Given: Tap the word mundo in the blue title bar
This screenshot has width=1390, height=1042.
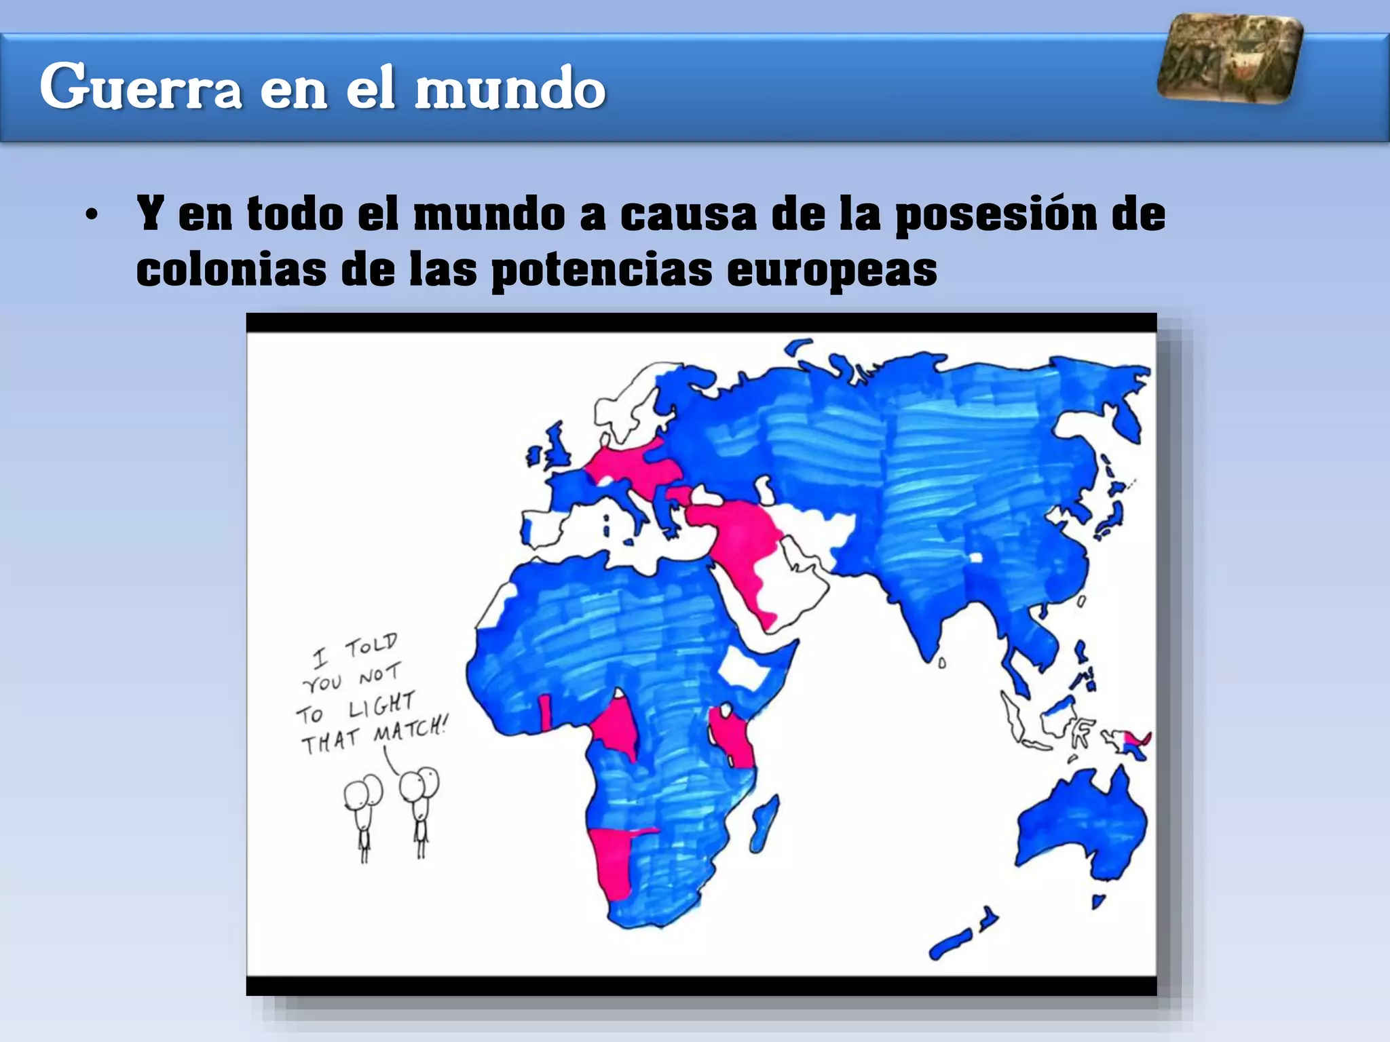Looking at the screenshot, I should click(510, 88).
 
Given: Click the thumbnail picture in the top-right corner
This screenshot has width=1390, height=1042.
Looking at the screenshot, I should click(1230, 59).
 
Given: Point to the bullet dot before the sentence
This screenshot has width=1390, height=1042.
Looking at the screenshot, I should click(92, 216).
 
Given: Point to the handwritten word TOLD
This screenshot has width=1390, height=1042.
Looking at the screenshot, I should click(371, 645).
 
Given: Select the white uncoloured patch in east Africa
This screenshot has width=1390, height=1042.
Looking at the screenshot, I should click(743, 668).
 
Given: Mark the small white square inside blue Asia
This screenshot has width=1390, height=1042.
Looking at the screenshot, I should click(976, 558).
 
